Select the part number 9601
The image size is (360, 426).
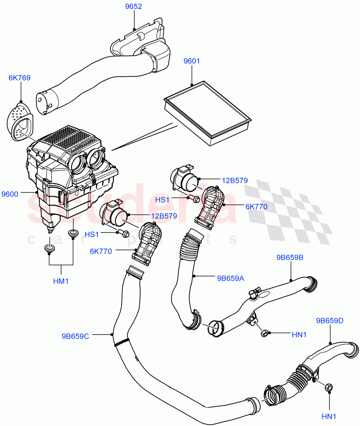click(x=192, y=61)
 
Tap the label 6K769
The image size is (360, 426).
click(x=20, y=78)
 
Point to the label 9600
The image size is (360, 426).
click(x=10, y=194)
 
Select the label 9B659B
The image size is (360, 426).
click(x=290, y=257)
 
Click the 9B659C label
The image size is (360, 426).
click(x=75, y=335)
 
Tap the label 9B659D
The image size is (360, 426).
click(x=330, y=321)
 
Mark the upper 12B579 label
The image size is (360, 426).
click(x=235, y=180)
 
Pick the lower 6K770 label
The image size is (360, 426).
click(x=101, y=251)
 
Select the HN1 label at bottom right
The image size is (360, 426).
click(x=329, y=416)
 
